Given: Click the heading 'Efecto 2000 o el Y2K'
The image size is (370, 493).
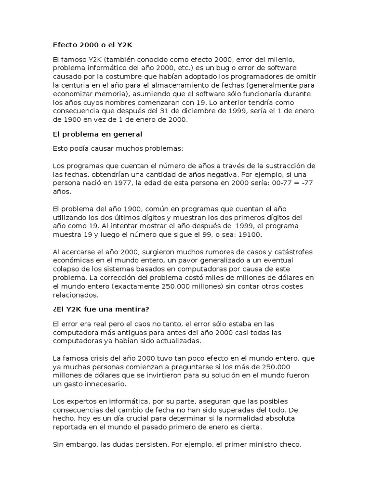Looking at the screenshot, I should click(92, 45).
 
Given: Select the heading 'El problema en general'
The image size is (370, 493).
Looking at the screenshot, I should click(97, 134).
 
